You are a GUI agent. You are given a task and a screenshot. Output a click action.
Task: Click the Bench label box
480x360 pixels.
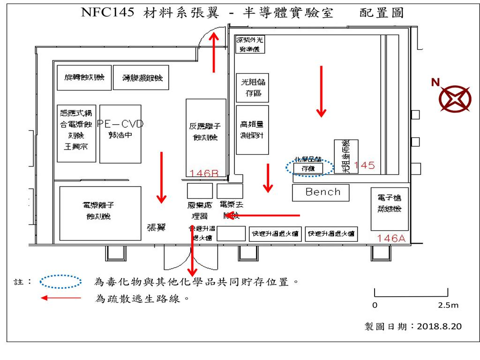tap(323, 192)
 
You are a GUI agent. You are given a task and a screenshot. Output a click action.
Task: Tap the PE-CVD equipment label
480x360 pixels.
tap(120, 124)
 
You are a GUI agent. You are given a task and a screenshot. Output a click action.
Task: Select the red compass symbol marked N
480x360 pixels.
tap(455, 99)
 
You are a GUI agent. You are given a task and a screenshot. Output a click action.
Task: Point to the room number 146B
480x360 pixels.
tap(204, 173)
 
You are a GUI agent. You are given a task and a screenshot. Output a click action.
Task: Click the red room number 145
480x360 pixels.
tap(365, 165)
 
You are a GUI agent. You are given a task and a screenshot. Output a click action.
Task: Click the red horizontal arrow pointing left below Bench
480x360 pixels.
tap(262, 216)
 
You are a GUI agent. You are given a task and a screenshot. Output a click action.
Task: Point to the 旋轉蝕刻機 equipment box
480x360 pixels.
tap(84, 78)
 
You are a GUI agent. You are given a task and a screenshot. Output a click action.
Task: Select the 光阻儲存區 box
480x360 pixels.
tap(253, 88)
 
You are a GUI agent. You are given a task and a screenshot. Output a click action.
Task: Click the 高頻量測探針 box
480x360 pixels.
tap(253, 130)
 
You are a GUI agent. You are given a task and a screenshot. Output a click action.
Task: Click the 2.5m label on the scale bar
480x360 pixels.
tap(448, 306)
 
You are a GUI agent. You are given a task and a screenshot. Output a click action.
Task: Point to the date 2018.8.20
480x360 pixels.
tap(439, 325)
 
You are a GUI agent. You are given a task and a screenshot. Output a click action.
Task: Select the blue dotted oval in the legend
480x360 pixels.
tap(61, 282)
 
